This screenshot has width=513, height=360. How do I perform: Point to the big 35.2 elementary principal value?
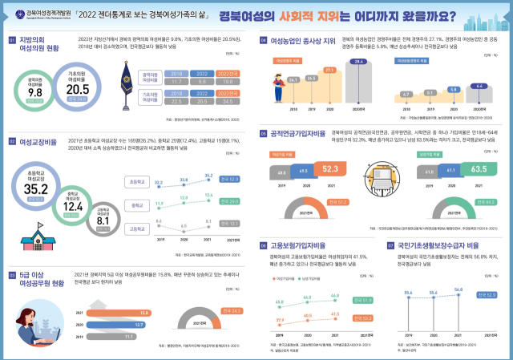point(36,189)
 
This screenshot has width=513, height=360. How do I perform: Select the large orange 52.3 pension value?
point(329,169)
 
